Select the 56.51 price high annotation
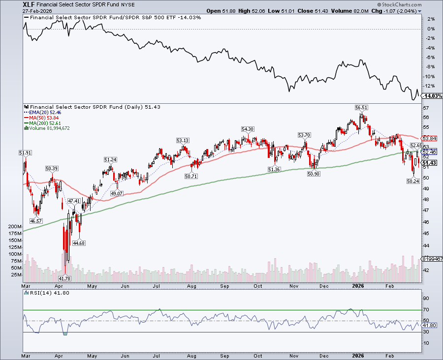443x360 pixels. pos(362,107)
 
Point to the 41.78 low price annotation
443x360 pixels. pos(65,278)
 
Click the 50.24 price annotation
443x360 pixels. pos(413,180)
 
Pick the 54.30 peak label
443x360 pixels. pos(247,129)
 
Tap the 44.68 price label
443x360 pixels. pos(79,242)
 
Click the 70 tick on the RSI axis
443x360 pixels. pos(426,309)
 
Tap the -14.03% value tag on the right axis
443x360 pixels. pos(430,96)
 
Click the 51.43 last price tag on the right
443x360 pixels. pos(430,163)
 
